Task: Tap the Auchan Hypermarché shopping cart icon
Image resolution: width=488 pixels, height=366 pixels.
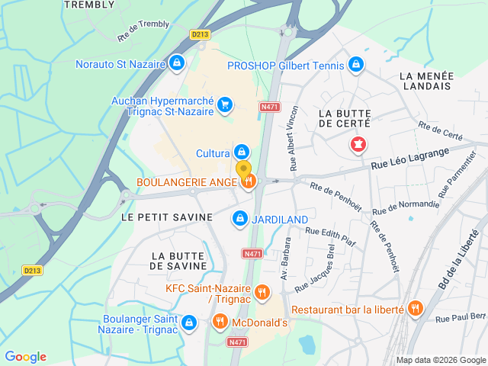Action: (x=224, y=104)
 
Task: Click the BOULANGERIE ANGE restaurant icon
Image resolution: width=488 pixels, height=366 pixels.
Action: (x=249, y=181)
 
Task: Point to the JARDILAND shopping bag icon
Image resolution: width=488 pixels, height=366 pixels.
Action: (x=240, y=219)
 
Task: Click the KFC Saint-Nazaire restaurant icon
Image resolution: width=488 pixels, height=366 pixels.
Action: (x=262, y=292)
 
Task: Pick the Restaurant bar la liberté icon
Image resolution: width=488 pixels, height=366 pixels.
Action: (x=415, y=309)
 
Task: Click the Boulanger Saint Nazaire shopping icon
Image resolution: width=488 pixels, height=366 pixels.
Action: (x=188, y=323)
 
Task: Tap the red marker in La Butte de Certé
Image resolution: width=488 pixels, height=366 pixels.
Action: (x=357, y=143)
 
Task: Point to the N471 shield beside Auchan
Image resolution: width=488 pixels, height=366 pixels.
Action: (x=269, y=108)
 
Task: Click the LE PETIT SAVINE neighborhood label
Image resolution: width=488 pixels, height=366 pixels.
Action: (x=167, y=217)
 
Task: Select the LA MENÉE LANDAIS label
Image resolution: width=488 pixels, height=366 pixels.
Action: (x=426, y=81)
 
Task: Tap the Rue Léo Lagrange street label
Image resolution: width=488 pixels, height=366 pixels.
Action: (x=410, y=158)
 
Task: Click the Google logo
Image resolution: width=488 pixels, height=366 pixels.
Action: (x=26, y=357)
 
